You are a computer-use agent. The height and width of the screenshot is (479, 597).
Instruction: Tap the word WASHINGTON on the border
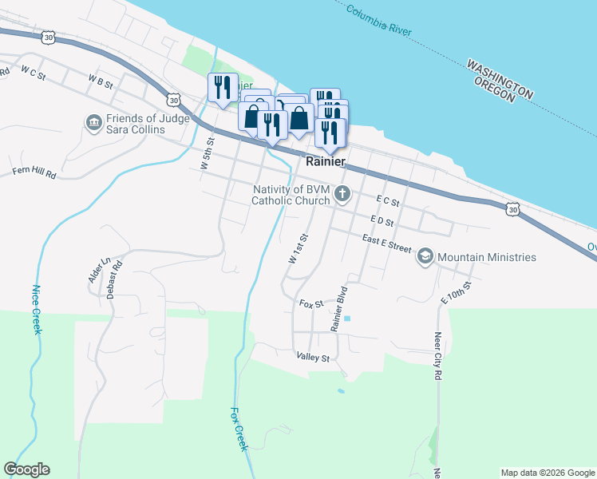tap(500, 79)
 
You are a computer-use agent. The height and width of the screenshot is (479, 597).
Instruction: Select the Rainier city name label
tap(326, 161)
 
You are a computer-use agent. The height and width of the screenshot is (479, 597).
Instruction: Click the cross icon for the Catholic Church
tap(342, 193)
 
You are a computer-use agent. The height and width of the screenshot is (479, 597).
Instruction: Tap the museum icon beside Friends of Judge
tap(93, 123)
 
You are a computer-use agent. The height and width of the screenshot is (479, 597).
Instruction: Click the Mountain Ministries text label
tap(487, 257)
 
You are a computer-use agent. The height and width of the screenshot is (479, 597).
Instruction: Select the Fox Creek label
tap(238, 429)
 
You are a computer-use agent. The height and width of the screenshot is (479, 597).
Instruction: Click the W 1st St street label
tap(298, 249)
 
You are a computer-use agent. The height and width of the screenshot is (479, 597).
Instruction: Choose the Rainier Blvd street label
tap(342, 308)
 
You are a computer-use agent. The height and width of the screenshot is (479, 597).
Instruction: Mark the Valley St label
tap(313, 357)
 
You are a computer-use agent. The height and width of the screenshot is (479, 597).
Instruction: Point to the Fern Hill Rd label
tap(34, 172)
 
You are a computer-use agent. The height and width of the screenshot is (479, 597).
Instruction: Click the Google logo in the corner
tap(26, 469)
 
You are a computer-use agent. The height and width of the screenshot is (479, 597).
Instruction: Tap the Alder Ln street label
tap(97, 272)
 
